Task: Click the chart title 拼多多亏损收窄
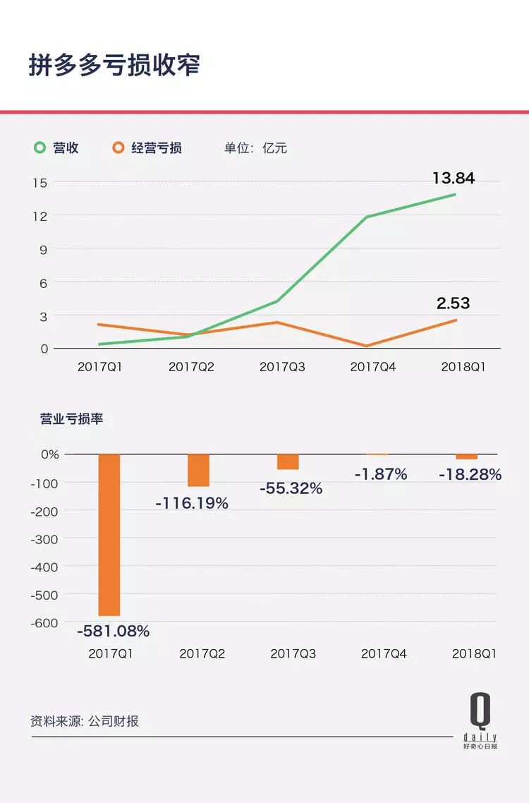coord(114,64)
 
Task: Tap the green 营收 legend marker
coord(41,147)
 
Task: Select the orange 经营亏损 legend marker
coord(118,147)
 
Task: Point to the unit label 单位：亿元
coord(255,148)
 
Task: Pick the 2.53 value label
coord(453,303)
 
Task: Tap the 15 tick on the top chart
coord(39,182)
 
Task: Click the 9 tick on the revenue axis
coord(42,249)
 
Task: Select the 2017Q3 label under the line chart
coord(282,367)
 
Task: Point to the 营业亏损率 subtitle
coord(71,418)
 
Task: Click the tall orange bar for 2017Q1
coord(109,534)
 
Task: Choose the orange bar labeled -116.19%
coord(199,470)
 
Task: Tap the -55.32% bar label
coord(290,488)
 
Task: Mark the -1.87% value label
coord(381,474)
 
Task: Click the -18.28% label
coord(470,475)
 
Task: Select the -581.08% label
coord(113,632)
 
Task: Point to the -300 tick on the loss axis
coord(45,538)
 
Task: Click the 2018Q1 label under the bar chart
coord(474,653)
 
